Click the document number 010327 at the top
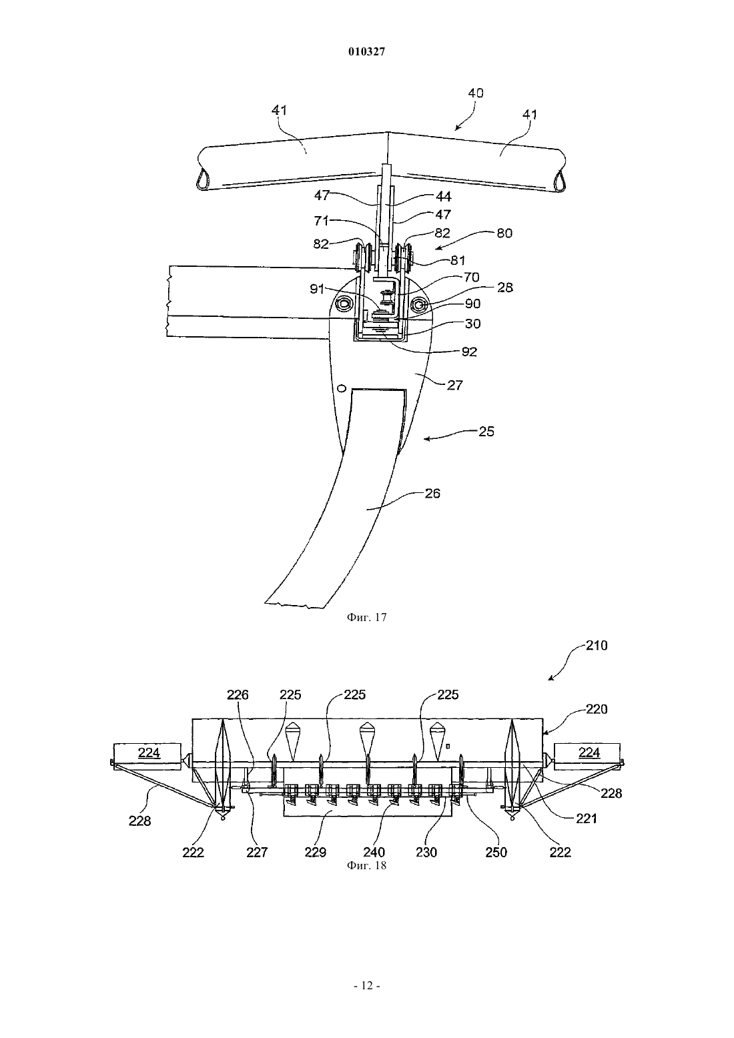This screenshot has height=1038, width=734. pyautogui.click(x=366, y=51)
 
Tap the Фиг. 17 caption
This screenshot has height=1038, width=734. pyautogui.click(x=366, y=617)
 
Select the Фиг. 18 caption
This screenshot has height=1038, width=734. pyautogui.click(x=366, y=865)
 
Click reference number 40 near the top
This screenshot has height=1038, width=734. pyautogui.click(x=476, y=93)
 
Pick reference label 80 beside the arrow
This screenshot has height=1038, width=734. pyautogui.click(x=504, y=233)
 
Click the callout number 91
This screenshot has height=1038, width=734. pyautogui.click(x=318, y=289)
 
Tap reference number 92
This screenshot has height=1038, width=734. pyautogui.click(x=469, y=352)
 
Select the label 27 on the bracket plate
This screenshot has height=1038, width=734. pyautogui.click(x=454, y=385)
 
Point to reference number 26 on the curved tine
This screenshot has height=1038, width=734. pyautogui.click(x=432, y=494)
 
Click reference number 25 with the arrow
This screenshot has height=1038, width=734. pyautogui.click(x=486, y=432)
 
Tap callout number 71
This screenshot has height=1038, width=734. pyautogui.click(x=322, y=221)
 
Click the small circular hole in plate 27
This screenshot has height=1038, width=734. pyautogui.click(x=342, y=389)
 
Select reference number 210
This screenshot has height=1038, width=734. pyautogui.click(x=597, y=646)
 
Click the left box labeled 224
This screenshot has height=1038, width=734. pyautogui.click(x=147, y=756)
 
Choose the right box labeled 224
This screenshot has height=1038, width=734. pyautogui.click(x=588, y=756)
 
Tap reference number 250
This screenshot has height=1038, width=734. pyautogui.click(x=496, y=852)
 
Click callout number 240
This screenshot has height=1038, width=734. pyautogui.click(x=374, y=852)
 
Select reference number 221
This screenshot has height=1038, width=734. pyautogui.click(x=586, y=819)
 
